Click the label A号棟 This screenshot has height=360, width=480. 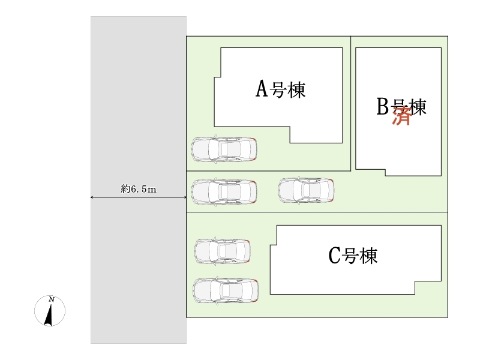(281, 90)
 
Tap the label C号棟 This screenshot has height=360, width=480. (353, 256)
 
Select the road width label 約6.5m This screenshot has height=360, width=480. (138, 189)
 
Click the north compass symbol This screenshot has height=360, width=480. (50, 311)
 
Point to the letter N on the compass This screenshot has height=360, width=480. (52, 299)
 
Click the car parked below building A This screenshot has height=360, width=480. (224, 149)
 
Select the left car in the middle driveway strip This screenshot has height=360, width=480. (224, 191)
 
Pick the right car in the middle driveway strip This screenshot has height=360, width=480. (306, 190)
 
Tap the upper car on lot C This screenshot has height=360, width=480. (223, 251)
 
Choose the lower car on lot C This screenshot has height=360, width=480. (225, 290)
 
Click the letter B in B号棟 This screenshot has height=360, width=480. (383, 107)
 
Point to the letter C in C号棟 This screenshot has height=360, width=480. (335, 256)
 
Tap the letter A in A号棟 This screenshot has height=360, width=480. (262, 90)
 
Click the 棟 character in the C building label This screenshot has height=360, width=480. (369, 257)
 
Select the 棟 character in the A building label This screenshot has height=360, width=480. (297, 91)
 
